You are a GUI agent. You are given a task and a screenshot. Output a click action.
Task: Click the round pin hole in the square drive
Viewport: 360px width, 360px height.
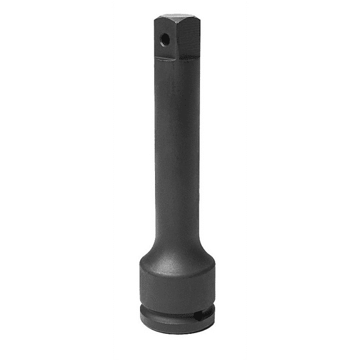(165, 39)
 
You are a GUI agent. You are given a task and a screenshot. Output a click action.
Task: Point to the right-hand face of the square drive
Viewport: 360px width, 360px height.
(190, 37)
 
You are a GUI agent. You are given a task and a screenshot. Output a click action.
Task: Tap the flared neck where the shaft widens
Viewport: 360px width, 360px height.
(179, 241)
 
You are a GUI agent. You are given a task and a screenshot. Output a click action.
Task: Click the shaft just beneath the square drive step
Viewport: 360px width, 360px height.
(179, 72)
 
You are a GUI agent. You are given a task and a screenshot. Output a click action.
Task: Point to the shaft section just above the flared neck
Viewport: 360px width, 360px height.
(179, 216)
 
